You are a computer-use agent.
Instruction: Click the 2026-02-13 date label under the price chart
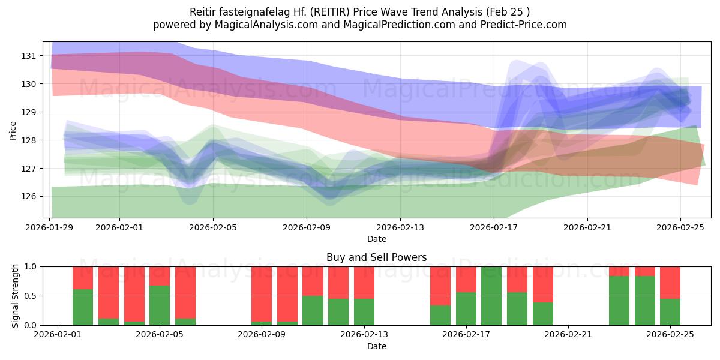point(400,228)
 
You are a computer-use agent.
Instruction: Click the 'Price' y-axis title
point(13,130)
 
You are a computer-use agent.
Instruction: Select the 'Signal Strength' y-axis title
point(16,296)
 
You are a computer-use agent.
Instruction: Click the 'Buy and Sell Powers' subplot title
point(376,257)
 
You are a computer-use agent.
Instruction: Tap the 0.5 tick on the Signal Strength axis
point(30,296)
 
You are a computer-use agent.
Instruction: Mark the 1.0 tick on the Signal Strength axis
point(30,267)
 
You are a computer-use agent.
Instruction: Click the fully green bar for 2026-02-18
point(491,296)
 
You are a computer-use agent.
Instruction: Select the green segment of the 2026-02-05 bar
point(160,305)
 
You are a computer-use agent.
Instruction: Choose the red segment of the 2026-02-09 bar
point(262,294)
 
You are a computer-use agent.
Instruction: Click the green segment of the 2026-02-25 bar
point(670,312)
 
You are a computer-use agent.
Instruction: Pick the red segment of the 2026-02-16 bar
point(440,286)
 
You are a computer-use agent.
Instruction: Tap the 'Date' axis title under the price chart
point(376,239)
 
